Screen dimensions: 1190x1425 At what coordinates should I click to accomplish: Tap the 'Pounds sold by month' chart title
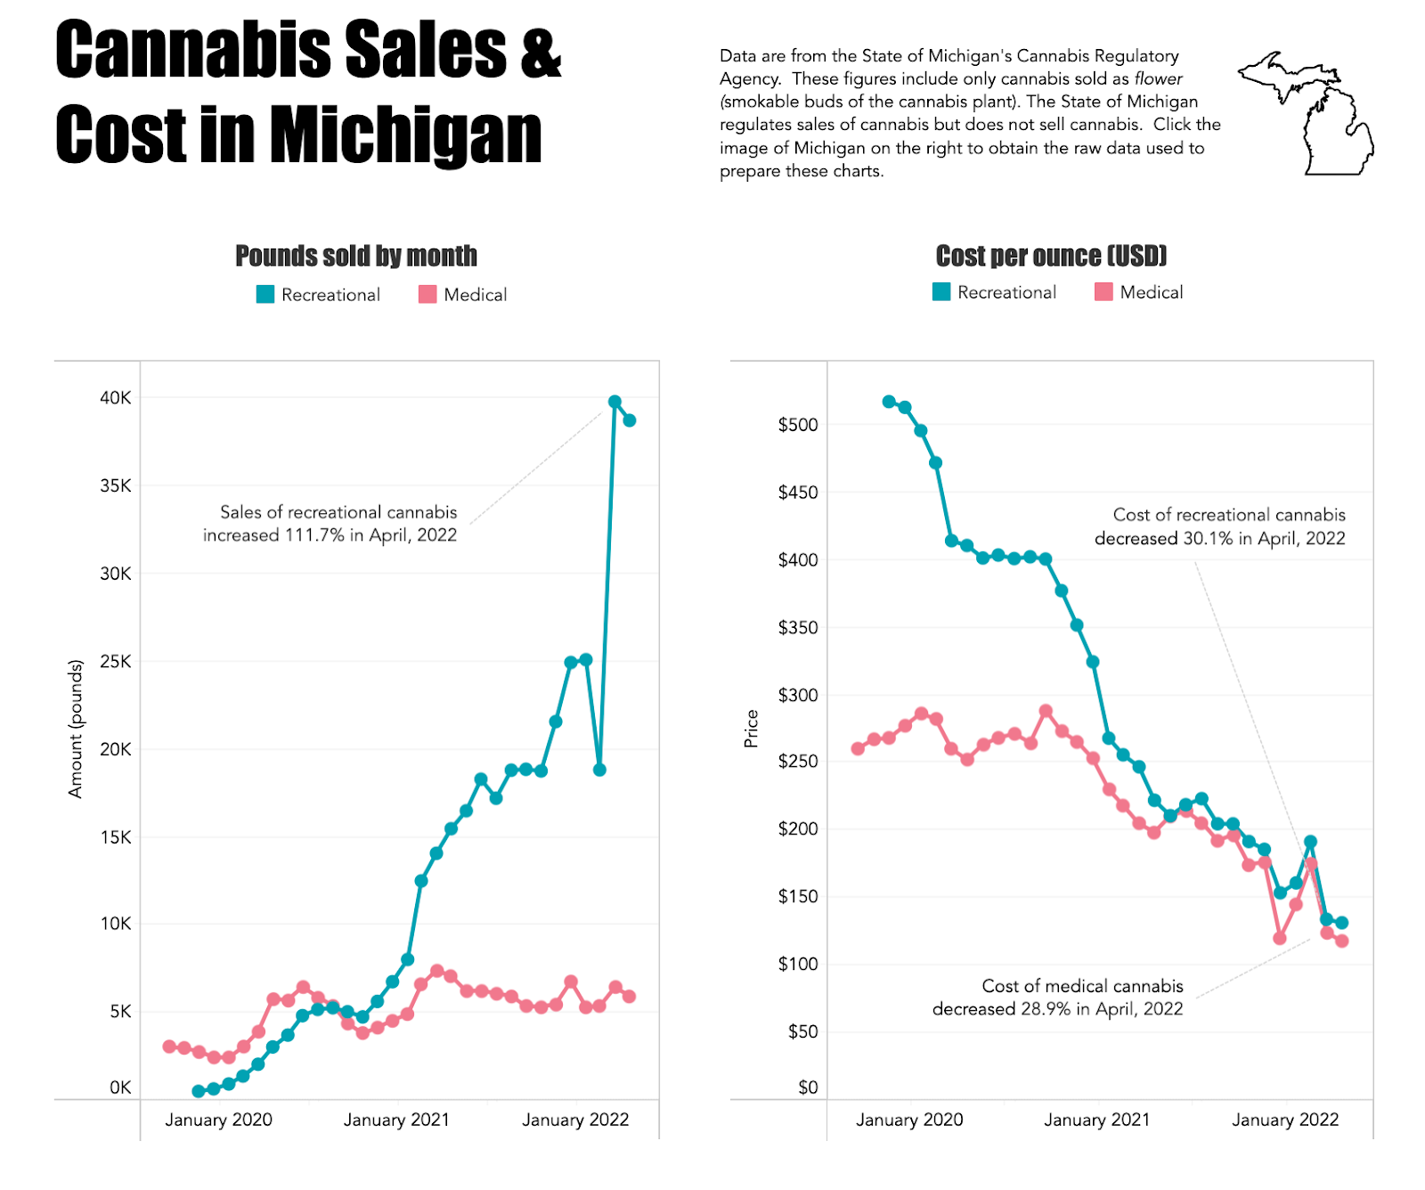[355, 256]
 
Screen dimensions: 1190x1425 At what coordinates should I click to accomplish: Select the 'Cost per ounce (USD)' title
[1051, 256]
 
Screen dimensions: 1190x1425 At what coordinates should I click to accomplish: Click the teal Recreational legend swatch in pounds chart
[265, 295]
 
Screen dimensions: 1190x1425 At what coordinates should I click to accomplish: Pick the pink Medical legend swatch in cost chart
[1103, 292]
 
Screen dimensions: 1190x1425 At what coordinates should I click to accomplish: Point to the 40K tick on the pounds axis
[116, 398]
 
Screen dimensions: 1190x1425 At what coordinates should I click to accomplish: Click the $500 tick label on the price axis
[798, 425]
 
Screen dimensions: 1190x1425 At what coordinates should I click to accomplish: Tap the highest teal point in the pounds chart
[615, 402]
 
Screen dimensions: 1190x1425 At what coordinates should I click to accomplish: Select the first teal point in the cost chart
[889, 402]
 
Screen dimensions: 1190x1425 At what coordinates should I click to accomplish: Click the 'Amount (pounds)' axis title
[76, 729]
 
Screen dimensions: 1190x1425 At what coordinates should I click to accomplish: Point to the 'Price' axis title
[752, 729]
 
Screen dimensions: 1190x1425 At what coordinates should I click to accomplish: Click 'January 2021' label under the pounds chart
[396, 1120]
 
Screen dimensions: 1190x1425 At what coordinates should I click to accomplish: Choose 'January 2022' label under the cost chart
[1285, 1120]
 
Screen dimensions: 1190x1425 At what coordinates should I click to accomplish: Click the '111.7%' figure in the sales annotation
[314, 535]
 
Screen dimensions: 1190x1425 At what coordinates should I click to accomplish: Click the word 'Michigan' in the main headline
[405, 135]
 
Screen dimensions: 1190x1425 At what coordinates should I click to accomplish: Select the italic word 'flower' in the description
[1158, 79]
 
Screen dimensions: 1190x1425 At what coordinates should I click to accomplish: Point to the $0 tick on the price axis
[808, 1088]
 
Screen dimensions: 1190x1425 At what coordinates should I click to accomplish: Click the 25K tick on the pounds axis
[116, 662]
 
